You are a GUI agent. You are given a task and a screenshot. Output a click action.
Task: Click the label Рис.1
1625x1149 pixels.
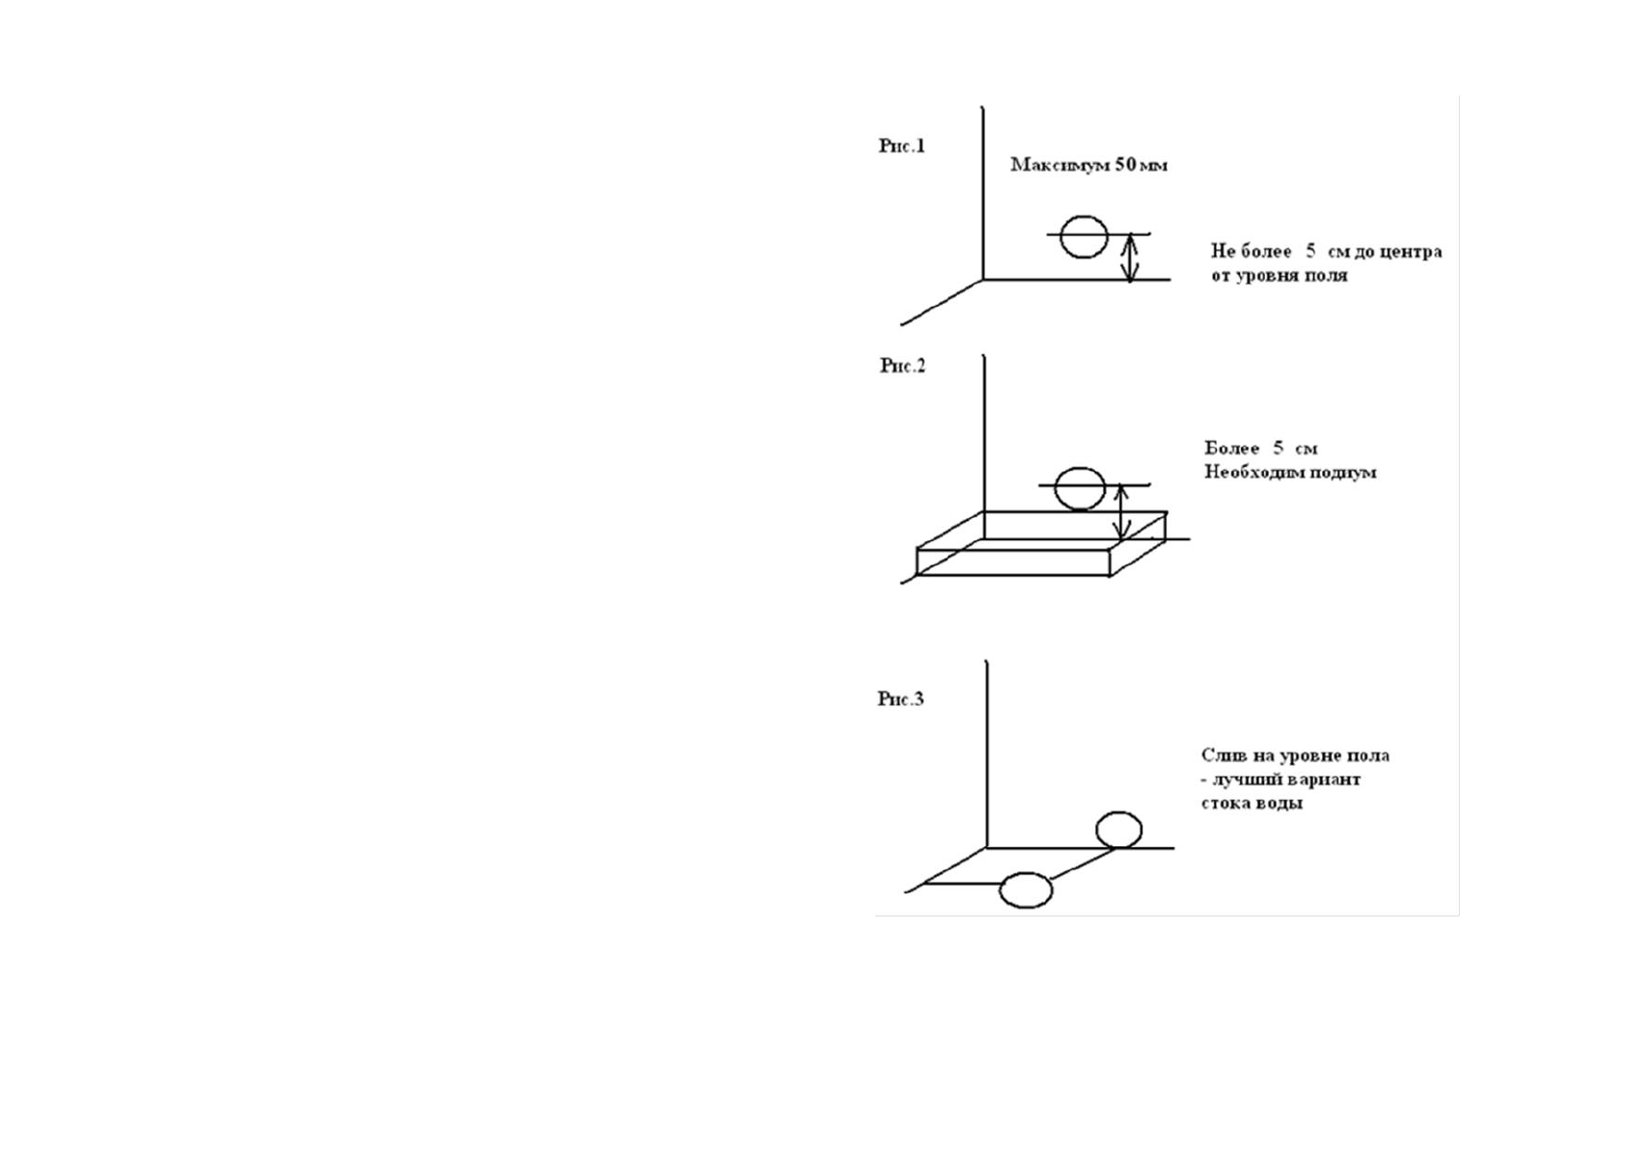(901, 147)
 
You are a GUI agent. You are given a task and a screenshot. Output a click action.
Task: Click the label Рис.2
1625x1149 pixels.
(902, 366)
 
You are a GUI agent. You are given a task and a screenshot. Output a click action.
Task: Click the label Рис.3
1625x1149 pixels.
(900, 698)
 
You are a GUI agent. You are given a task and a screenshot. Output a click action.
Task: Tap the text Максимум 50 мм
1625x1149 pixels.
(1088, 165)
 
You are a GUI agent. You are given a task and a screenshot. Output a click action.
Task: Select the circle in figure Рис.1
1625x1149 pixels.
(1083, 237)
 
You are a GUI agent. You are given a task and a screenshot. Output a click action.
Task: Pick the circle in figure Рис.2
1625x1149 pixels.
(1080, 488)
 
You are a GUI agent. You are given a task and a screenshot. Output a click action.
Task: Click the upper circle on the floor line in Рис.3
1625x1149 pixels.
(1118, 830)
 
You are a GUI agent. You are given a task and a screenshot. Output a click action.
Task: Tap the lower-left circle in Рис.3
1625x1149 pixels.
(1025, 890)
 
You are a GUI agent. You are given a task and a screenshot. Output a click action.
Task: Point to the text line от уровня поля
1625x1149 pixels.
(1279, 276)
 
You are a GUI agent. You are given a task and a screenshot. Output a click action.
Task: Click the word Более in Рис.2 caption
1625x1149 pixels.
(1232, 449)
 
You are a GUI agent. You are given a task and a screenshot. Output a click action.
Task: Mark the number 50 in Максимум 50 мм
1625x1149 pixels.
(1125, 165)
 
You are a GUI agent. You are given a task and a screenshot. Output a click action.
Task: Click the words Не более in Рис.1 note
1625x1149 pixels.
(1251, 252)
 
